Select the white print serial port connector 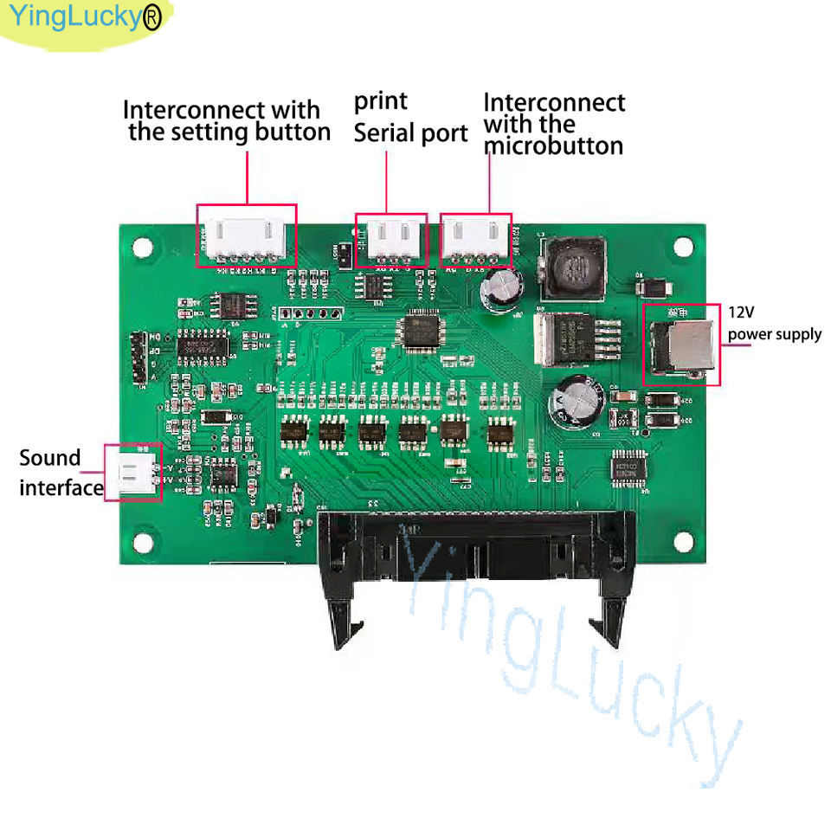391,237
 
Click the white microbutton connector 475,238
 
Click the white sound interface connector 132,472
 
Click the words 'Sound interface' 61,473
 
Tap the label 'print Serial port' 409,118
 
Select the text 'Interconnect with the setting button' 227,121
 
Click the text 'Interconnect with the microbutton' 553,124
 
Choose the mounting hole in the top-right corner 683,245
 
